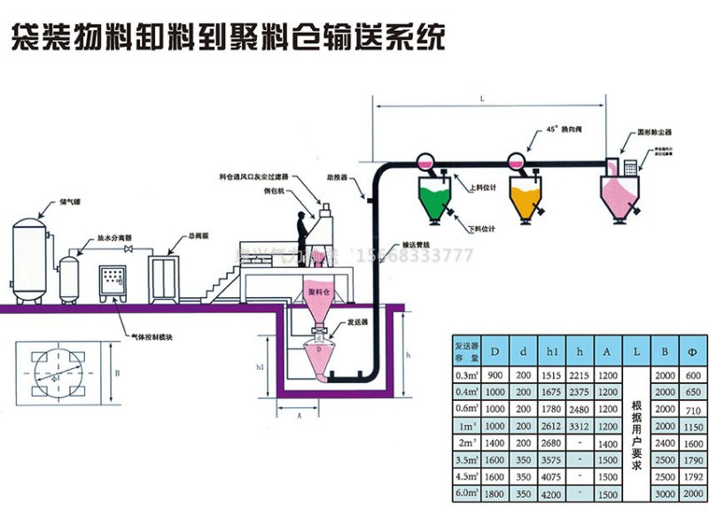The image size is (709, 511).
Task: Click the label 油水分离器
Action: (114, 239)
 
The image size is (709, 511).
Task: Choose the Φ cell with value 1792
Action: (692, 476)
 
